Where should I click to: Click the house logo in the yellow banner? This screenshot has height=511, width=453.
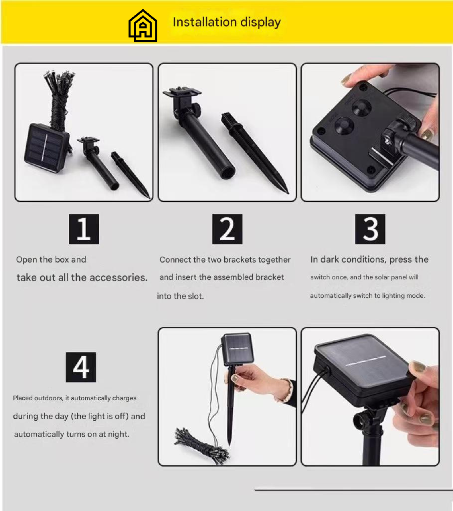[143, 26]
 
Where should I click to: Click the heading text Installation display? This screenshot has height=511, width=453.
[227, 22]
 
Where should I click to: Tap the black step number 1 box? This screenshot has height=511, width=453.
[84, 229]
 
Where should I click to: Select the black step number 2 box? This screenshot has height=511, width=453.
[227, 229]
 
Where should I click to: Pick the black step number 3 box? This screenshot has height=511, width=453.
[370, 229]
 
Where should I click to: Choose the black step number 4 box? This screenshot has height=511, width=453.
[81, 367]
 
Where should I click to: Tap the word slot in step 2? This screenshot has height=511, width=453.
[196, 296]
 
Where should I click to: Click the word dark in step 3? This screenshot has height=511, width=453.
[330, 259]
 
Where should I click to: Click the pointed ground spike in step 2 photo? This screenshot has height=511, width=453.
[255, 152]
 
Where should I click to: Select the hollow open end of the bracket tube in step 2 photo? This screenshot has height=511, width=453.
[228, 173]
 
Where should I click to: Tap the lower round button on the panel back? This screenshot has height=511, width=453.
[345, 126]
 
